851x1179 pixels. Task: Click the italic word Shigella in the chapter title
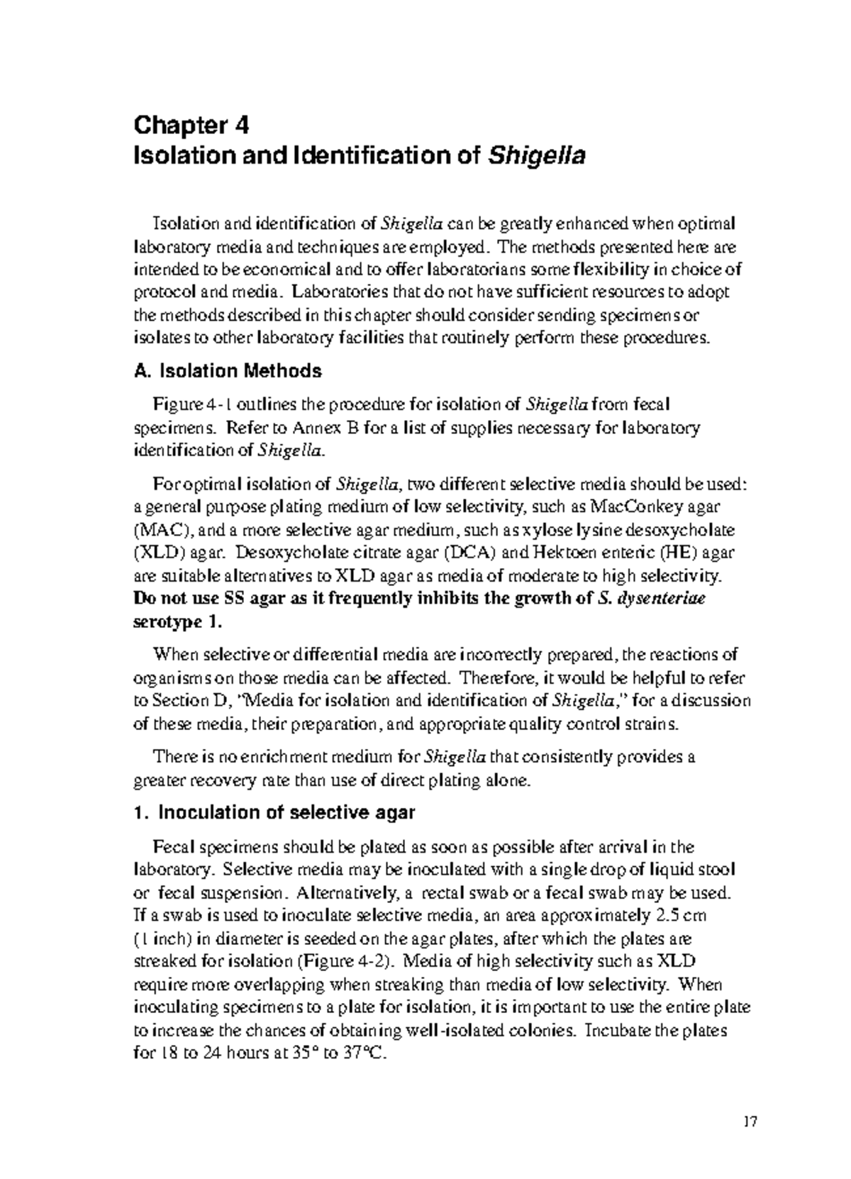(535, 155)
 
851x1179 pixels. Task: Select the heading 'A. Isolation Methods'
(227, 371)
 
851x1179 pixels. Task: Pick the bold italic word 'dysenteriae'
(662, 599)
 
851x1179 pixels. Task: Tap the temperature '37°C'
(364, 1053)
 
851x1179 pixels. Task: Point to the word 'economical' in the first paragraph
(277, 270)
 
